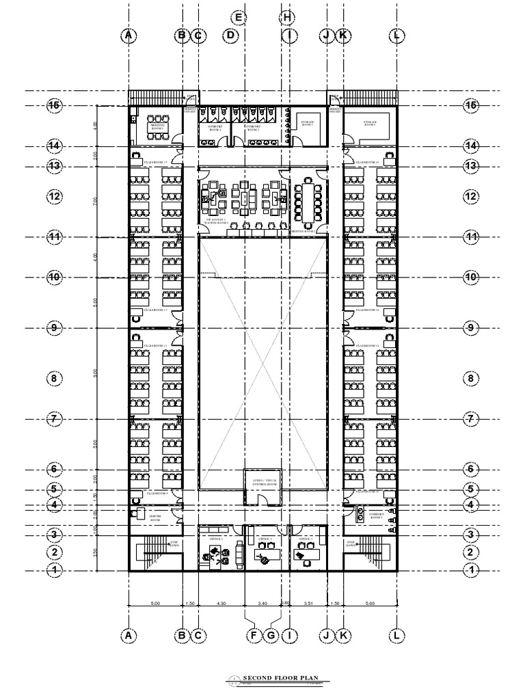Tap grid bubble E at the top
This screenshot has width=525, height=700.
(x=238, y=18)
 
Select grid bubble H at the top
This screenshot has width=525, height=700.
(x=287, y=18)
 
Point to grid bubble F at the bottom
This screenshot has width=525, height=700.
(x=254, y=636)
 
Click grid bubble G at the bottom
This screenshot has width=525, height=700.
(x=271, y=636)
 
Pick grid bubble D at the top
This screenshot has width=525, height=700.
(x=231, y=35)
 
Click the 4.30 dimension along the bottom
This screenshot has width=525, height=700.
(x=221, y=604)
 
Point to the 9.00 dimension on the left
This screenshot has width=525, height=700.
(x=95, y=373)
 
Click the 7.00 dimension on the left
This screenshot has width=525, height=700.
(x=95, y=201)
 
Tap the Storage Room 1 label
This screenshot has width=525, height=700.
(x=307, y=124)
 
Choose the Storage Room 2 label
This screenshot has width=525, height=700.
(x=369, y=124)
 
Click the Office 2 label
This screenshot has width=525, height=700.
(x=265, y=539)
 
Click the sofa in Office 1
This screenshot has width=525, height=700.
(x=239, y=550)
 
